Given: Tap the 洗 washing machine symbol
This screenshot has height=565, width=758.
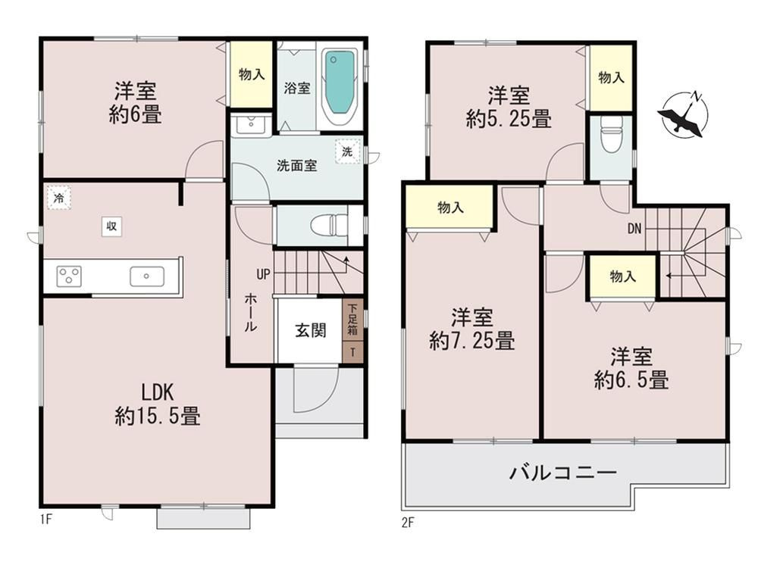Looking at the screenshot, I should [346, 151].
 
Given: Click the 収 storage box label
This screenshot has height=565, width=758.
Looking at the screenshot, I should [111, 225].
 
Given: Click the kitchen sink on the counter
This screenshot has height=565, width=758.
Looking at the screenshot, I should [146, 276].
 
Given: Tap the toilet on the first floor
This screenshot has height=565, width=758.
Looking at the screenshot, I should [330, 225].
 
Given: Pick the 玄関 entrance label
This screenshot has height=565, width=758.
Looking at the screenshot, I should [310, 330].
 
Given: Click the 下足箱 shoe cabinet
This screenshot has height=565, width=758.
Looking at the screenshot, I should [353, 320].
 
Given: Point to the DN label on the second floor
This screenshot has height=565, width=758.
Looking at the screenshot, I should [635, 227].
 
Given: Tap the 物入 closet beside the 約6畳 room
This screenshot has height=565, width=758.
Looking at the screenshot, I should [251, 74].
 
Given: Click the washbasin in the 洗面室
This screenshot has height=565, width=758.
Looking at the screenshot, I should [249, 125].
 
